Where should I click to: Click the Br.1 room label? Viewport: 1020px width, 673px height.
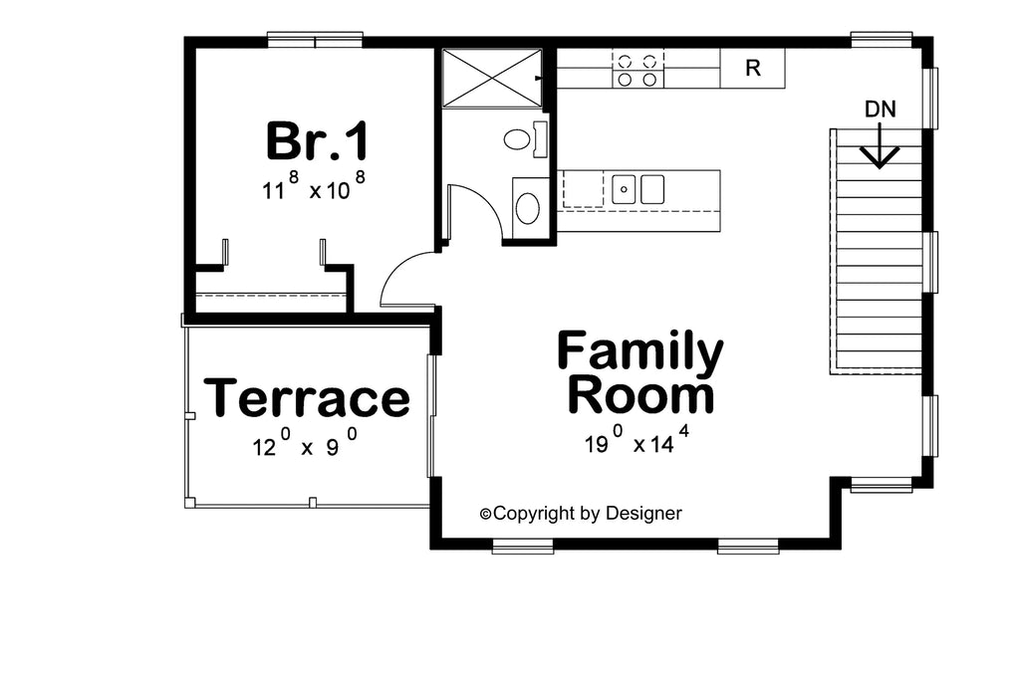(317, 141)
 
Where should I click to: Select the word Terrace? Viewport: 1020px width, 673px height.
(307, 398)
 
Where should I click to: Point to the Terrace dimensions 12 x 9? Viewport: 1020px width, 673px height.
(304, 446)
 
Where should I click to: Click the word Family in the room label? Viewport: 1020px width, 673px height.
(639, 351)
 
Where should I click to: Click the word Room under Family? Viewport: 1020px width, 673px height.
(640, 395)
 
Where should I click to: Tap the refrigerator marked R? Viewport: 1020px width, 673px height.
(753, 69)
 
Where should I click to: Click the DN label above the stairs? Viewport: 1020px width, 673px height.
(880, 110)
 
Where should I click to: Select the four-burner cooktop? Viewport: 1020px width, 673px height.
(637, 69)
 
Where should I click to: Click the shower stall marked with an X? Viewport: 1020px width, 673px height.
(492, 78)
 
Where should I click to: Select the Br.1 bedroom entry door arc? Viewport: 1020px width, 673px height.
(403, 279)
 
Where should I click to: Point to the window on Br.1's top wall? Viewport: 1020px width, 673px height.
(315, 41)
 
